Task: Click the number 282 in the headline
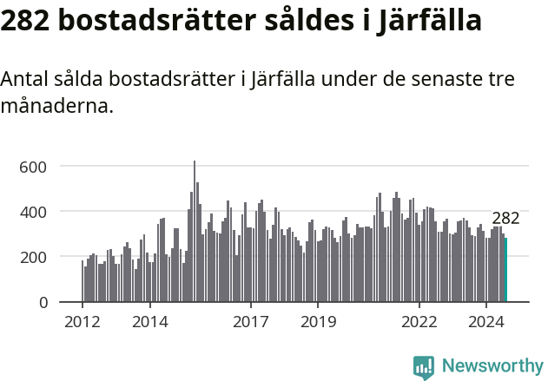coord(23,21)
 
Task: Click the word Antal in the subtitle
coord(25,80)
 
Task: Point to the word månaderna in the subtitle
coord(56,108)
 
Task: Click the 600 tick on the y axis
coord(33,167)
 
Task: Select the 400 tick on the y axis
coord(33,212)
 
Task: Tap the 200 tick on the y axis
coord(33,257)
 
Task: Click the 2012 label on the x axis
coord(83,321)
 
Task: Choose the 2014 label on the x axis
coord(149,321)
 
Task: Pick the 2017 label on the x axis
coord(251,321)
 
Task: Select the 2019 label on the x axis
coord(318,321)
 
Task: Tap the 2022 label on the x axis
coord(419,321)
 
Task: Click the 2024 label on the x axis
coord(486,321)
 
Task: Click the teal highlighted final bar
coord(505,271)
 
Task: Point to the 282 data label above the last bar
coord(505,219)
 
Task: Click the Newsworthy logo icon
coord(424,367)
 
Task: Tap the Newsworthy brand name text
coord(492,366)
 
